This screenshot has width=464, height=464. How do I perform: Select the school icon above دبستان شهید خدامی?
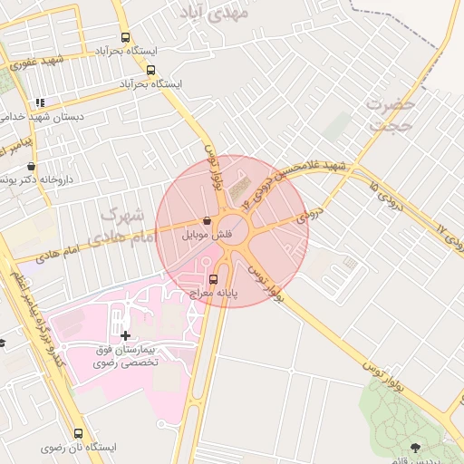click(x=39, y=102)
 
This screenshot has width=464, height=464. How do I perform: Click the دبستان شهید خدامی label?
click(x=45, y=117)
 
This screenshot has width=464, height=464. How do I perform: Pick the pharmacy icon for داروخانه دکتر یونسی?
click(x=32, y=167)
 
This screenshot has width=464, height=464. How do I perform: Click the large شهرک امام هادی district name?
click(x=118, y=227)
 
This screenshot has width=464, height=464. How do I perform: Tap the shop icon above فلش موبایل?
click(x=208, y=220)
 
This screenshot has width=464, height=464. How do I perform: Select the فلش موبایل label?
click(x=208, y=234)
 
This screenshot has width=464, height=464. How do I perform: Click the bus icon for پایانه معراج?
click(x=213, y=279)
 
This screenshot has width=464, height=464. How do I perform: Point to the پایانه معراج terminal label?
click(x=213, y=294)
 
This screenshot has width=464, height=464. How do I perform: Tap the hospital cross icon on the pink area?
click(x=125, y=335)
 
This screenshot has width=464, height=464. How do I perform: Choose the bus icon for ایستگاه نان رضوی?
click(x=78, y=433)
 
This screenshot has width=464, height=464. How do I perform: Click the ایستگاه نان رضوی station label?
click(x=78, y=448)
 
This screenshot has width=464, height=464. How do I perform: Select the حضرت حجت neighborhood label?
click(x=391, y=115)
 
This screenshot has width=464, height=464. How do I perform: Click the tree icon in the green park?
click(x=415, y=447)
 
